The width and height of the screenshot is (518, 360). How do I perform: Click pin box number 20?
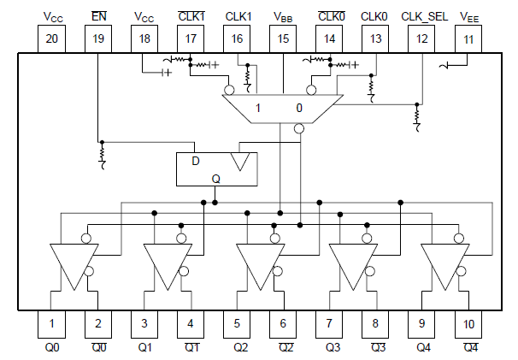tap(52, 38)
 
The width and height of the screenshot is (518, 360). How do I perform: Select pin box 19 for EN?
tap(98, 38)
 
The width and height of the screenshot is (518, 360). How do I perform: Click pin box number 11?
tap(469, 38)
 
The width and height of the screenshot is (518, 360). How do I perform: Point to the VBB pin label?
tap(283, 16)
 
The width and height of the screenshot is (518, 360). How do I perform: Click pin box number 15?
tap(283, 38)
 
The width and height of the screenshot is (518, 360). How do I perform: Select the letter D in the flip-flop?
tap(195, 161)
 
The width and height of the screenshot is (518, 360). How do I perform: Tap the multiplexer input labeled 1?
tap(258, 108)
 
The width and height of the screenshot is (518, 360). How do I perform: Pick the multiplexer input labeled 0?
tap(298, 108)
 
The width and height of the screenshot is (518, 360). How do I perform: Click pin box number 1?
tap(52, 323)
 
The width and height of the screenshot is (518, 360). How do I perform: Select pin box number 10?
tap(469, 323)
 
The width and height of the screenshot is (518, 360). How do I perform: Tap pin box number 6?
tap(283, 323)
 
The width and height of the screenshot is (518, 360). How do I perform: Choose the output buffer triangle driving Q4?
tap(444, 263)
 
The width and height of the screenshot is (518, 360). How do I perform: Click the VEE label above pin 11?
tap(469, 16)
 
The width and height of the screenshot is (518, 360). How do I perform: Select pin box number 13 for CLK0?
tap(375, 38)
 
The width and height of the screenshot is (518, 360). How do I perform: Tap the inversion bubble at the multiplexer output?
tap(299, 129)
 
